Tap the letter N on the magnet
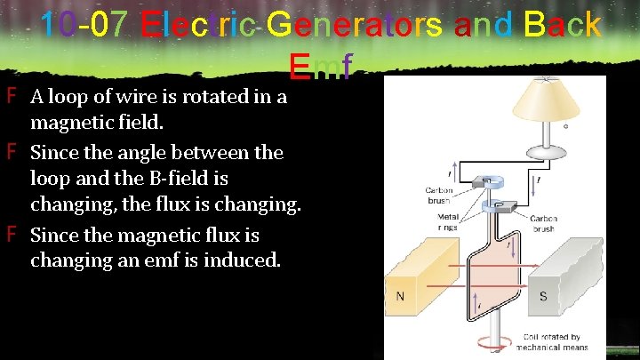tap(401, 295)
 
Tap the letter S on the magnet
tap(543, 295)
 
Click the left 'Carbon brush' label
tap(439, 195)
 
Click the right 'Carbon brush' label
tap(542, 223)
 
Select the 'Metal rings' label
tap(448, 221)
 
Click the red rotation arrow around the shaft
tap(484, 342)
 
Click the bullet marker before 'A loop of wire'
tap(12, 96)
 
